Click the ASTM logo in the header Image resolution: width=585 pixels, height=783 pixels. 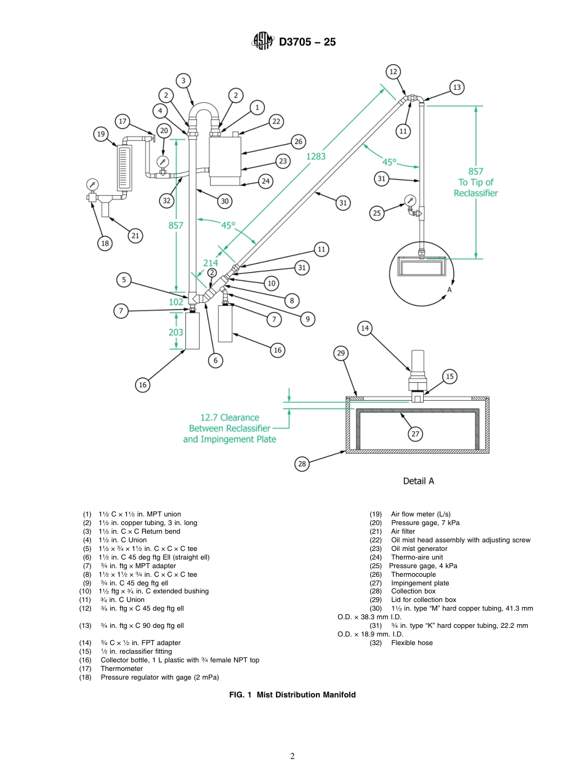pyautogui.click(x=263, y=42)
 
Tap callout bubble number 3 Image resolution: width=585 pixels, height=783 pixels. pyautogui.click(x=183, y=81)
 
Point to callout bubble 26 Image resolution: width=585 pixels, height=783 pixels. pyautogui.click(x=299, y=142)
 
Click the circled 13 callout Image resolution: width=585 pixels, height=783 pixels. pyautogui.click(x=456, y=87)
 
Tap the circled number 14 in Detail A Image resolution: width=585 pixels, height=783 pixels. pyautogui.click(x=365, y=329)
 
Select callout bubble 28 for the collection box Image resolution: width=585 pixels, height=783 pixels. pyautogui.click(x=302, y=464)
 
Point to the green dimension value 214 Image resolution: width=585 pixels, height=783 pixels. pyautogui.click(x=211, y=263)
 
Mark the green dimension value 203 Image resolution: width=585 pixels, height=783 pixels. pyautogui.click(x=176, y=331)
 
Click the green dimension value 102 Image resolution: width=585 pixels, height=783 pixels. pyautogui.click(x=177, y=302)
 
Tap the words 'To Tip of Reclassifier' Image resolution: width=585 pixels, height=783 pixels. pyautogui.click(x=475, y=187)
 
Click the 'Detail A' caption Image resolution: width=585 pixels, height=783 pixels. pyautogui.click(x=418, y=481)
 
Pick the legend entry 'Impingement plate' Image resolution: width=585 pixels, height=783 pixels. pyautogui.click(x=420, y=583)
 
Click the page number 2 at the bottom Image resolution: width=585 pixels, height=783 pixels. pyautogui.click(x=292, y=757)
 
